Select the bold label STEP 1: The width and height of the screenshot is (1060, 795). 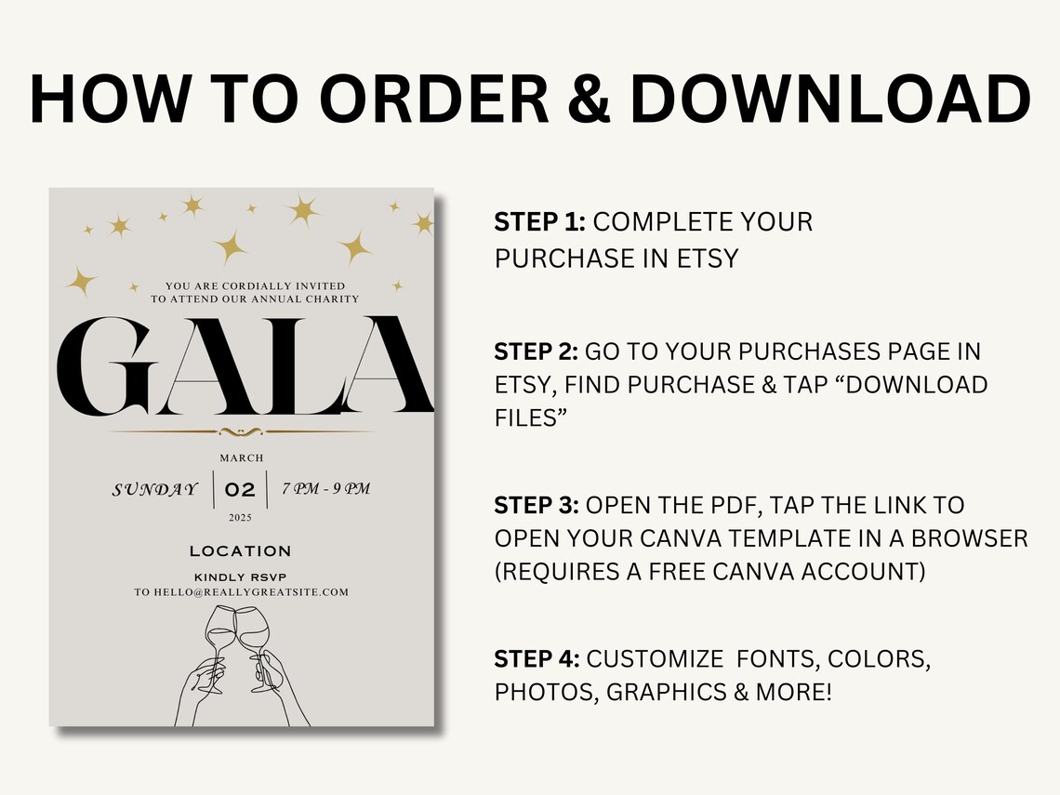point(539,222)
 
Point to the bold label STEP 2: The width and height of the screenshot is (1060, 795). point(537,351)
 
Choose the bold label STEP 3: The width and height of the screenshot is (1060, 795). point(537,505)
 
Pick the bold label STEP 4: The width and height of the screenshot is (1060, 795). point(537,659)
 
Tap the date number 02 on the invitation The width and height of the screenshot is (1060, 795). point(240,489)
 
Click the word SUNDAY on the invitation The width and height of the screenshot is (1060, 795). point(155,489)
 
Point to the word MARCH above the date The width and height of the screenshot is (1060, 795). point(241,457)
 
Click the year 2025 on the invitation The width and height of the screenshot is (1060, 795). point(240,518)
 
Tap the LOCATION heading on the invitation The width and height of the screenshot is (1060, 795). point(240,551)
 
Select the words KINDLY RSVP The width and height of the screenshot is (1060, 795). point(240,576)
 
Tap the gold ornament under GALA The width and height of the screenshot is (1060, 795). point(240,431)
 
